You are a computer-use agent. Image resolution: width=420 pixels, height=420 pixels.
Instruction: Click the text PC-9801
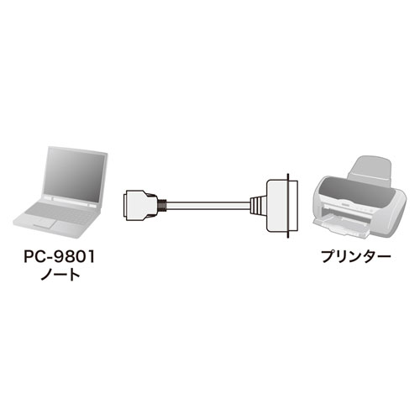(60, 256)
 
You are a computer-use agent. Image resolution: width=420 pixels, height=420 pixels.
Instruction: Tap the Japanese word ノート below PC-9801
(60, 274)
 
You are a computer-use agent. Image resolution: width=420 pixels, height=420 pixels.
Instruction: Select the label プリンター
(355, 256)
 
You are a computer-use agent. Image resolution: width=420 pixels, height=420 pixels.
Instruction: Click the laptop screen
(75, 174)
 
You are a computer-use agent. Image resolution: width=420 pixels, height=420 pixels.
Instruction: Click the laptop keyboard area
(60, 213)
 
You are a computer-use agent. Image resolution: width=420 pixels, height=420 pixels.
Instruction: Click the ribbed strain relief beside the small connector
(163, 206)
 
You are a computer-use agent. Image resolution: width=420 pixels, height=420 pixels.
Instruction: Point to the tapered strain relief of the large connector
(258, 206)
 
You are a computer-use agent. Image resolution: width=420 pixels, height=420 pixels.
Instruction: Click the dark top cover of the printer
(354, 191)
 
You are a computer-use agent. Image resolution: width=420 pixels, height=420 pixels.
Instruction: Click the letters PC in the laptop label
(33, 256)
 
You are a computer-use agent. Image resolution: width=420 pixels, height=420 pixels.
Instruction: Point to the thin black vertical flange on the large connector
(287, 206)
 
